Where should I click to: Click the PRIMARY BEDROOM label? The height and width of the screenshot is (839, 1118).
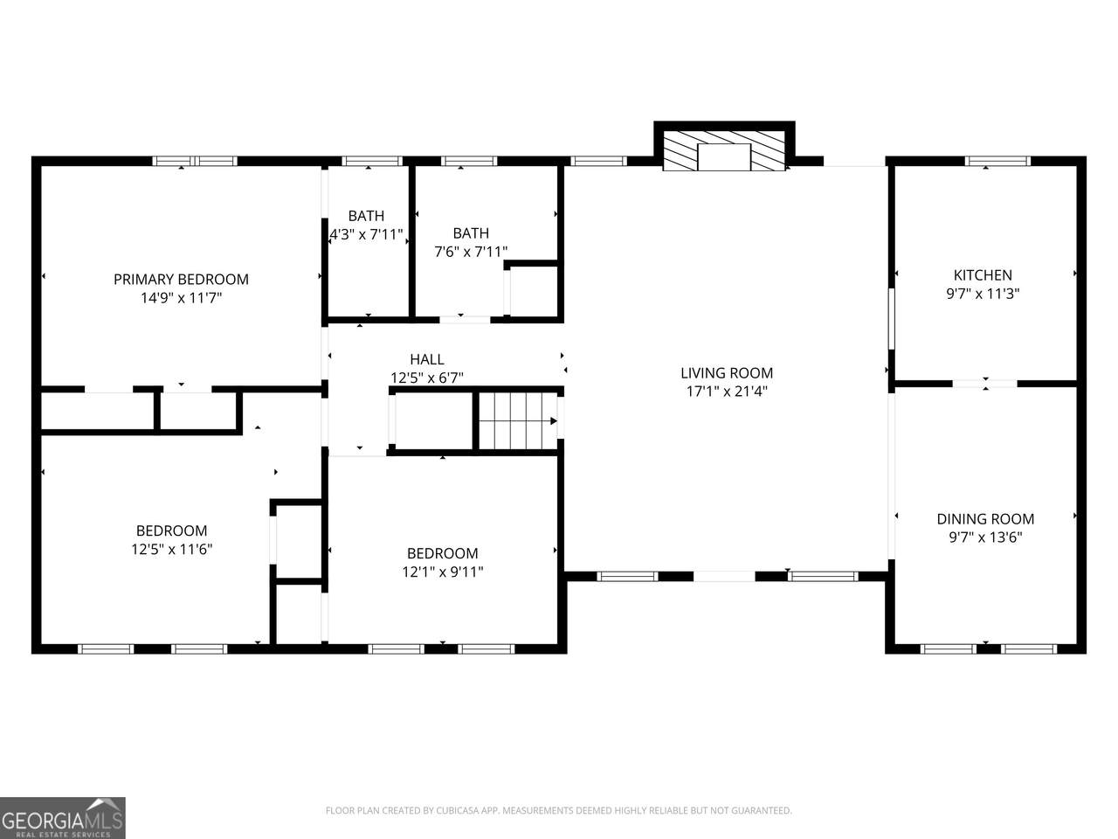click(x=181, y=279)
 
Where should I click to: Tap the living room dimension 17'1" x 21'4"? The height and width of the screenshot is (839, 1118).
click(x=727, y=392)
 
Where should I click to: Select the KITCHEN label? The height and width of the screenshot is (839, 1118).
click(x=983, y=275)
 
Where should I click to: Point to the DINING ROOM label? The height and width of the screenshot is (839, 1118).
click(x=985, y=519)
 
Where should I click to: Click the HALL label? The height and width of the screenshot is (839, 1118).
click(x=427, y=359)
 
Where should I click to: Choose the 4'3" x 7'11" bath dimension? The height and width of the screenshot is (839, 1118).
click(x=367, y=234)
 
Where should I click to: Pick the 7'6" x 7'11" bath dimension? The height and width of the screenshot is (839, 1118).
click(x=471, y=252)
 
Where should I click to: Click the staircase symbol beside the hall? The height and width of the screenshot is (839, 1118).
click(x=518, y=420)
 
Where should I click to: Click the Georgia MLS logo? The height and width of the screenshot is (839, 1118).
click(x=62, y=818)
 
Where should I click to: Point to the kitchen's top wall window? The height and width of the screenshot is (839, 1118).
click(x=997, y=161)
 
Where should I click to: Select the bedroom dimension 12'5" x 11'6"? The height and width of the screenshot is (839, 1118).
click(x=172, y=549)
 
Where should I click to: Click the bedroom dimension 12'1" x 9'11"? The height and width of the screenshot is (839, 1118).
click(x=443, y=572)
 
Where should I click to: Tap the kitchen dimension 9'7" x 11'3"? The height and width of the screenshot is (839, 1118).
click(x=983, y=294)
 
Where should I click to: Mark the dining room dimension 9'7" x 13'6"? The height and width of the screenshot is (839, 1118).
click(x=985, y=537)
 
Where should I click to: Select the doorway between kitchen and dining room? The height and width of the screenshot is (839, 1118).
click(x=984, y=384)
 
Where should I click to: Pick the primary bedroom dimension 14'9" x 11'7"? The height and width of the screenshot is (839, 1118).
click(x=181, y=297)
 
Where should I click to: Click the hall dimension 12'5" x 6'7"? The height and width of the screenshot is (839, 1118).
click(x=427, y=378)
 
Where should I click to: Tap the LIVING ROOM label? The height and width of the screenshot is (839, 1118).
click(x=727, y=373)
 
